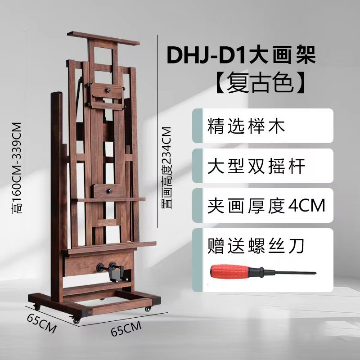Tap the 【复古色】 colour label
pyautogui.click(x=261, y=83)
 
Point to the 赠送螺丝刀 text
pyautogui.click(x=256, y=246)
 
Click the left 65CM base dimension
pyautogui.click(x=41, y=324)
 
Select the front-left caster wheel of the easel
pyautogui.click(x=76, y=321)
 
